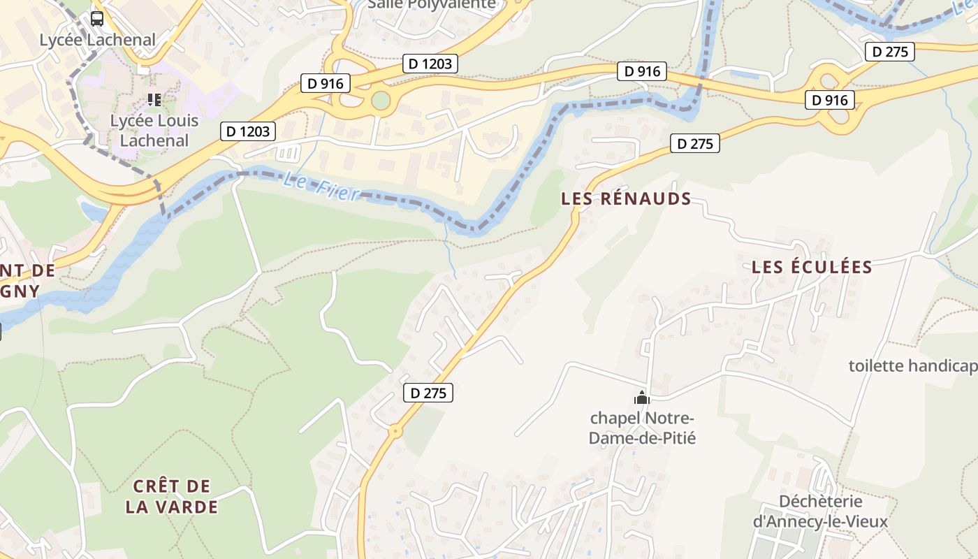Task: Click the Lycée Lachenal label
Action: (97, 40)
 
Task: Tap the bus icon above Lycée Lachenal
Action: (97, 19)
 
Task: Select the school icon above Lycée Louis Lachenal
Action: (154, 100)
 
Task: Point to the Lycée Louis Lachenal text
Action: (154, 131)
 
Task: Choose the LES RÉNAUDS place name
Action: (626, 198)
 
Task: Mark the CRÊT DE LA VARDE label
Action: (172, 496)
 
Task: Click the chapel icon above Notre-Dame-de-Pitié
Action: (641, 398)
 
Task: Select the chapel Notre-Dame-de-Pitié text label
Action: (642, 428)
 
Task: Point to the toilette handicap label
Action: (912, 365)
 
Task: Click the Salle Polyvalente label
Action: (432, 4)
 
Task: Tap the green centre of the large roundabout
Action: (380, 101)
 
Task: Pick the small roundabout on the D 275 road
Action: (396, 431)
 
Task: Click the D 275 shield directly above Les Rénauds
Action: (695, 143)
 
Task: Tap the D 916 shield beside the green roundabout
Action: (326, 83)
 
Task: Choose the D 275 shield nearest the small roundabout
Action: (428, 393)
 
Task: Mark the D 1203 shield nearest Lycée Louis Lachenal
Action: (248, 131)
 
